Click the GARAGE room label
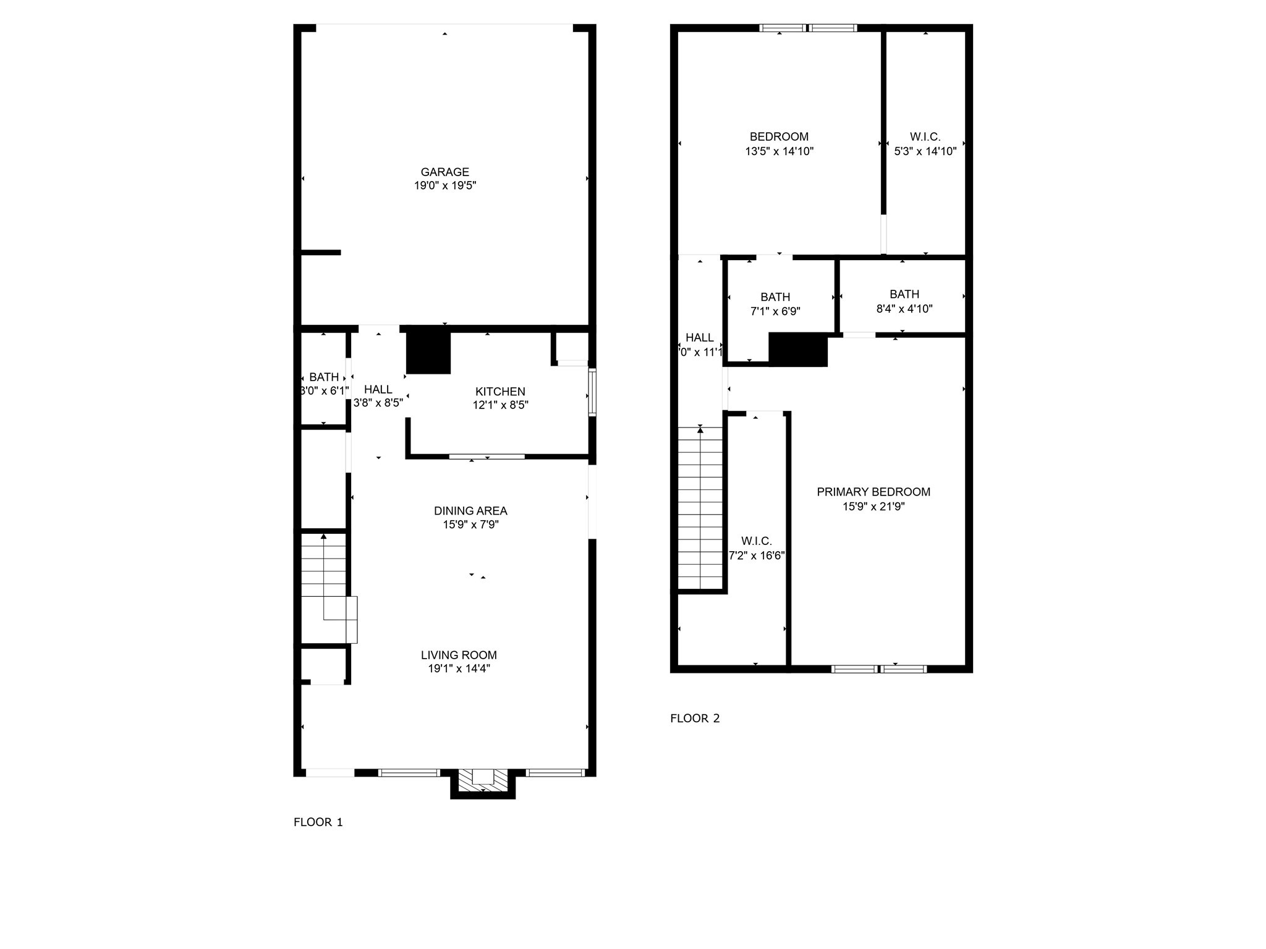coord(444,172)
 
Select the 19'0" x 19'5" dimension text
coord(444,185)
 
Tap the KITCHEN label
coord(500,391)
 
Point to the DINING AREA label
coord(470,510)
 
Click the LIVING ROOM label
coord(459,655)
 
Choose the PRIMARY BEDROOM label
coord(873,492)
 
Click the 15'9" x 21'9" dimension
coord(873,507)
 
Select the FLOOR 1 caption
coord(318,822)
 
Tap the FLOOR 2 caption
coord(695,718)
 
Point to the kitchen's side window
coord(592,392)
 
